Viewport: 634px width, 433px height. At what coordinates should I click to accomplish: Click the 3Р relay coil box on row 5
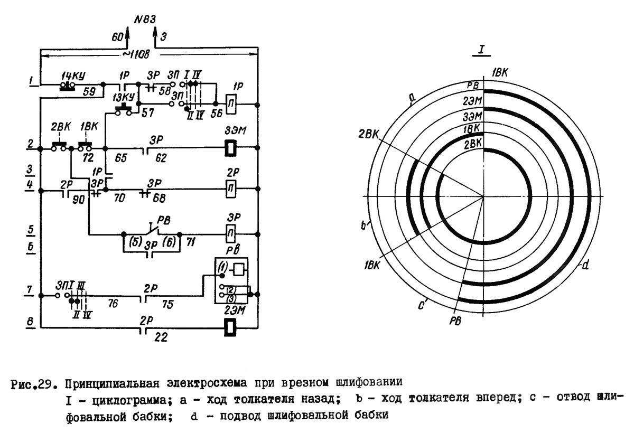click(231, 233)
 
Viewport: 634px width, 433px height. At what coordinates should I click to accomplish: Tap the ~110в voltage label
click(135, 54)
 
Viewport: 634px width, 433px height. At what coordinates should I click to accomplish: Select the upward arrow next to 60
click(127, 35)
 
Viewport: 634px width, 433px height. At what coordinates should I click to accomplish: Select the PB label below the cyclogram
click(454, 321)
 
